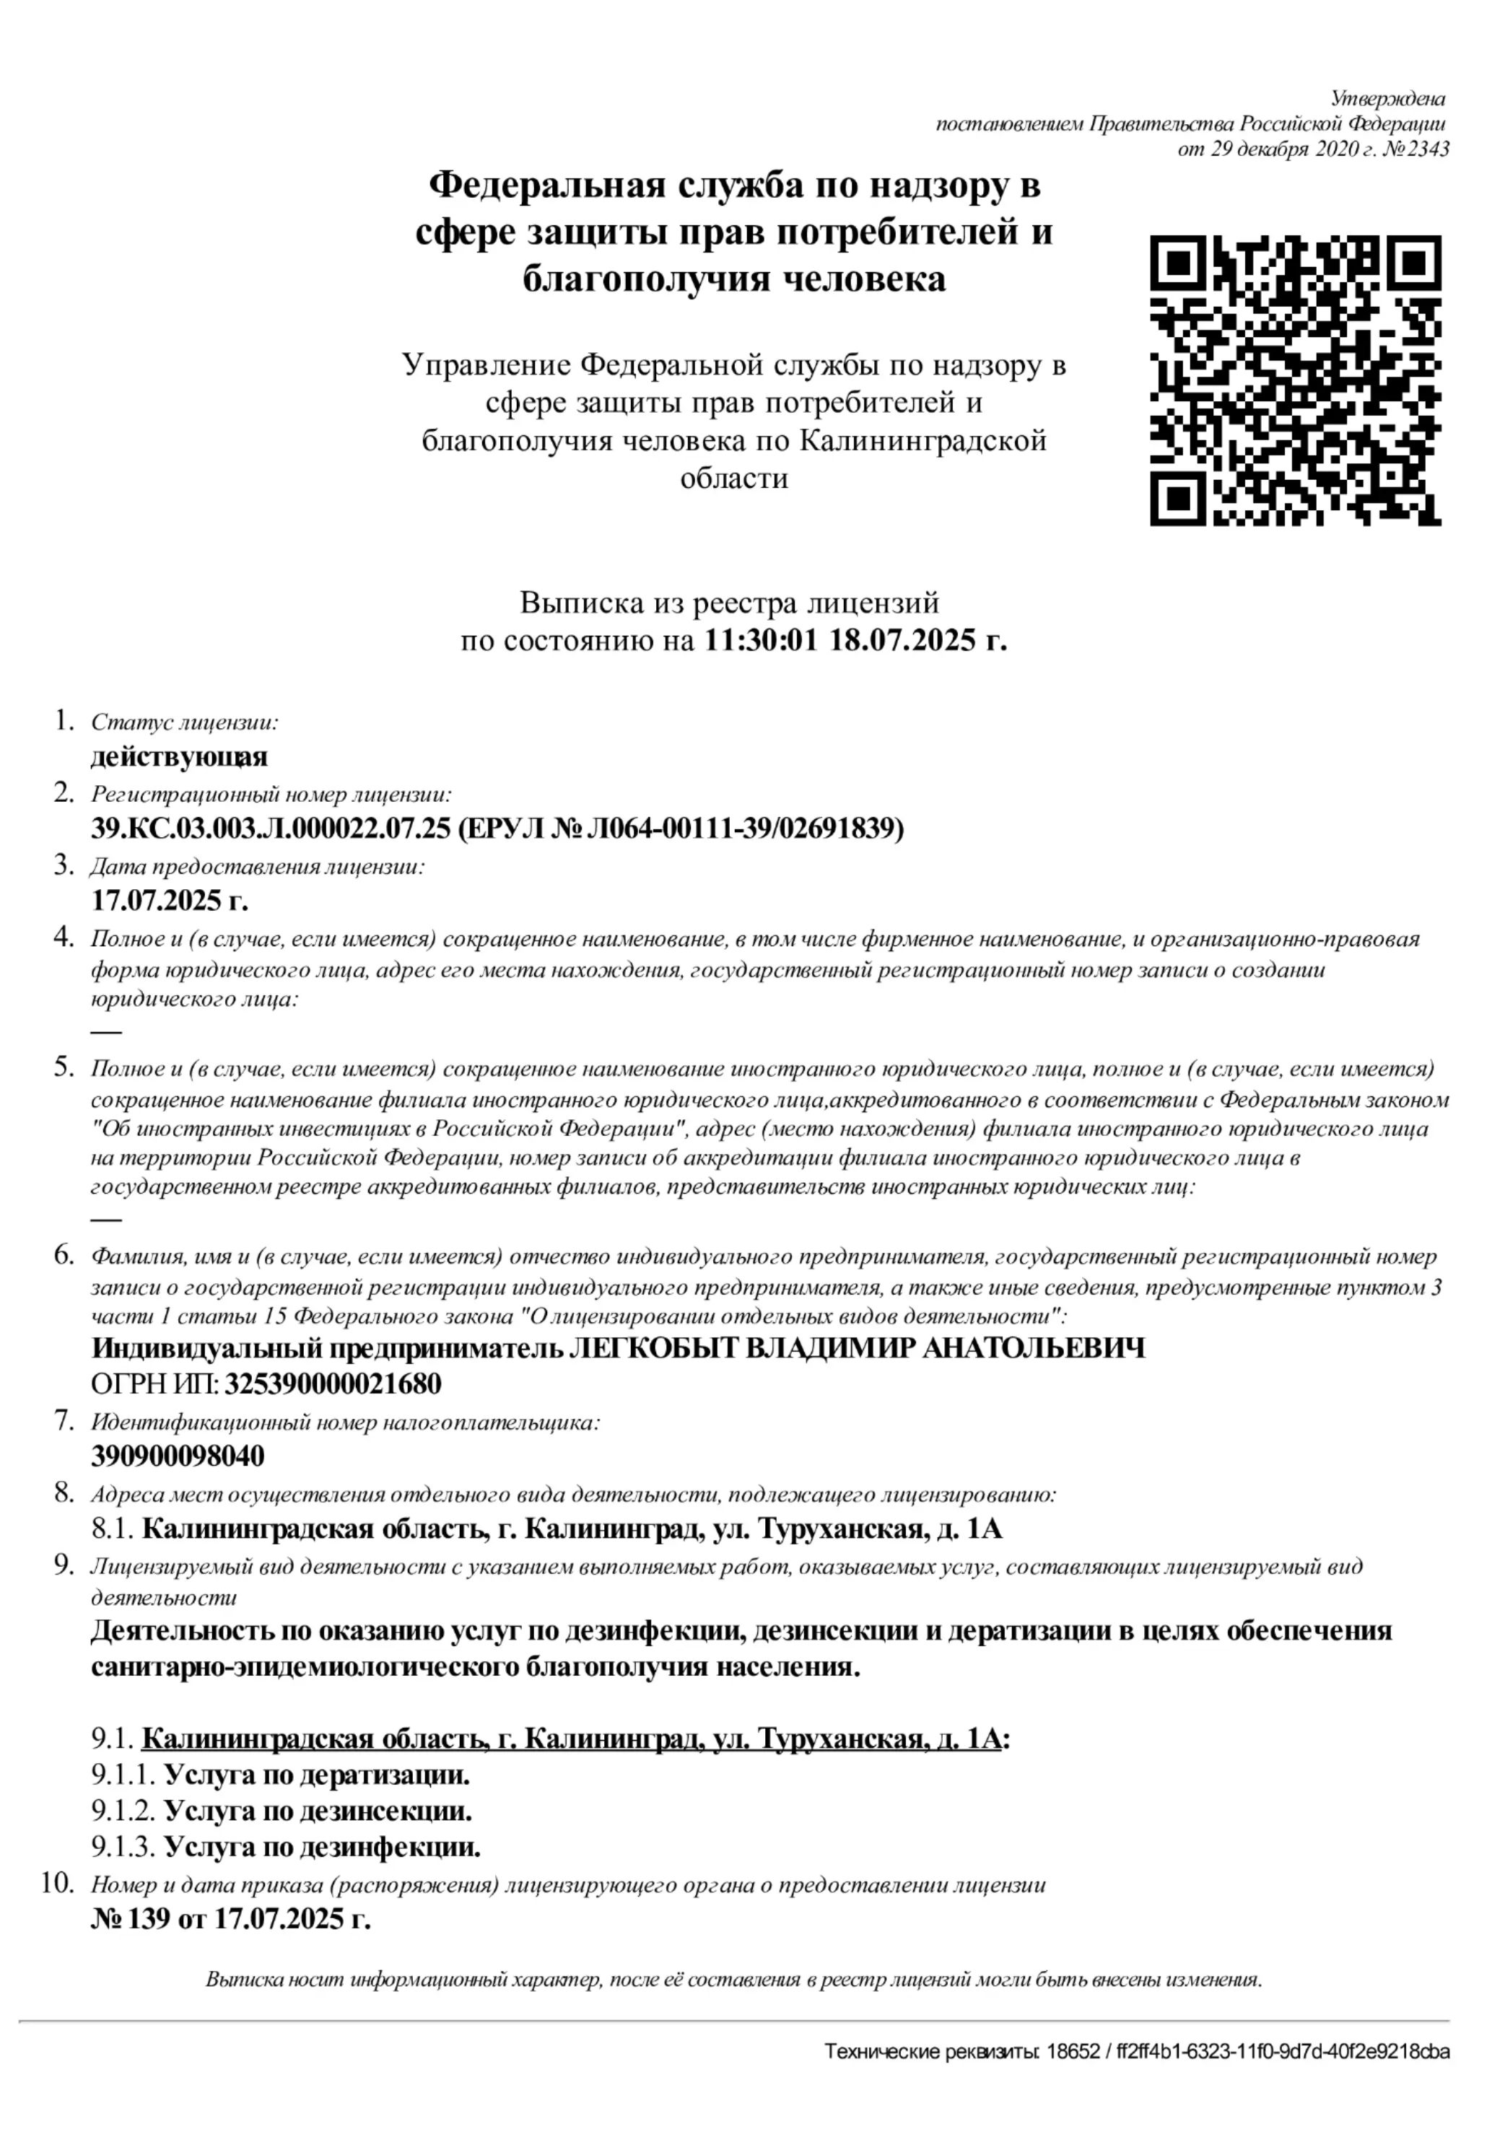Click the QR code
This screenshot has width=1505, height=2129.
(1296, 380)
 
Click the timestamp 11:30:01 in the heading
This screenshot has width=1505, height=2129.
(760, 641)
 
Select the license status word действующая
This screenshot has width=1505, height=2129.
(179, 756)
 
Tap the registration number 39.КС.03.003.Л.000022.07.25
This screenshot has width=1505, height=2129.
(270, 828)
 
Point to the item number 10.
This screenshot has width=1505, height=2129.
(58, 1882)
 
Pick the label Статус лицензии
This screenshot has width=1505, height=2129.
(185, 722)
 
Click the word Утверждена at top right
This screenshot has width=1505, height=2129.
(1388, 98)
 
